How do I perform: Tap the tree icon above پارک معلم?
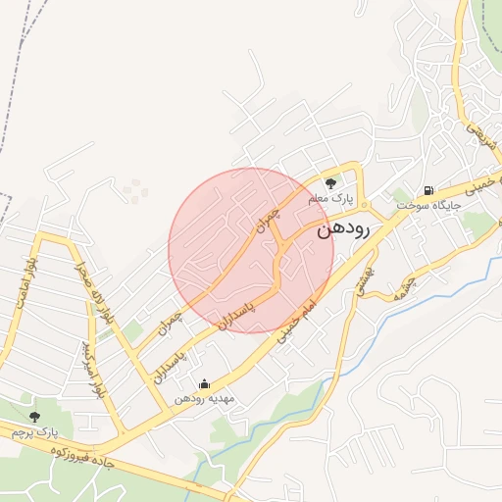pyautogui.click(x=331, y=181)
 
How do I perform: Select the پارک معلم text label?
pyautogui.click(x=330, y=198)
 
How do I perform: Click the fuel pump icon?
pyautogui.click(x=428, y=190)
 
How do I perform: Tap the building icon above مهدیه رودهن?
pyautogui.click(x=204, y=383)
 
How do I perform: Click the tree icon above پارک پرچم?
pyautogui.click(x=35, y=417)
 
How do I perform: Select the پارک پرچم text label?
pyautogui.click(x=35, y=431)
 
